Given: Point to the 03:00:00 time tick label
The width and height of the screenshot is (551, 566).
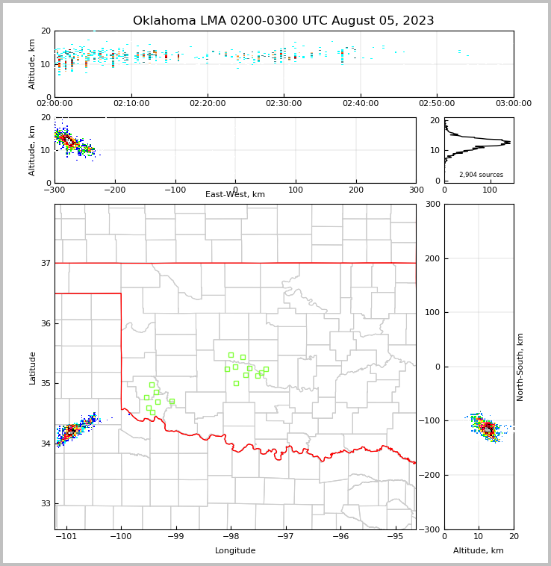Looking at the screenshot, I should [513, 103].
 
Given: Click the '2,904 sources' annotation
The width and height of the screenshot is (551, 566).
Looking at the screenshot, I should [481, 175].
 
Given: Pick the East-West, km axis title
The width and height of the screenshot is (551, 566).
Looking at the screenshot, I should [235, 195].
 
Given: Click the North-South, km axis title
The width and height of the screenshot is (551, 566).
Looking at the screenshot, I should [520, 367].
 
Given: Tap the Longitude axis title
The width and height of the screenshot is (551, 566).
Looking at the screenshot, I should [235, 551].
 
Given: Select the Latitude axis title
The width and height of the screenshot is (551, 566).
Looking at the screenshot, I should [32, 367].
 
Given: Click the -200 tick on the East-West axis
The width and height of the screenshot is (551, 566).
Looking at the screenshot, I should [114, 190].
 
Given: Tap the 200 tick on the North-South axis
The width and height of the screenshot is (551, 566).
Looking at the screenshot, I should [432, 258].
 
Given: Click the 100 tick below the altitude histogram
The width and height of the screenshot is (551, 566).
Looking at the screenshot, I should [490, 190].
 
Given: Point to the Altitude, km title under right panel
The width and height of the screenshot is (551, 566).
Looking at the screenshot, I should [479, 551].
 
